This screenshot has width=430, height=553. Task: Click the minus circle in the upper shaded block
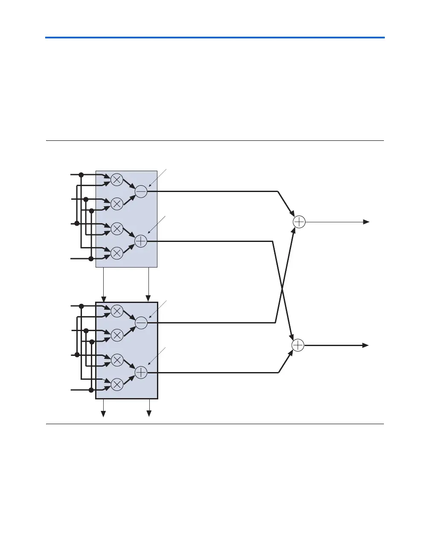(x=141, y=192)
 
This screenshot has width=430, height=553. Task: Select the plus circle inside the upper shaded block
(x=141, y=242)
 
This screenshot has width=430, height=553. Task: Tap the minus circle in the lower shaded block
(x=141, y=323)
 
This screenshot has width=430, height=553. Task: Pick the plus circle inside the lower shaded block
(x=141, y=373)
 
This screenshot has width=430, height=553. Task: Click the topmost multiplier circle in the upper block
(x=117, y=180)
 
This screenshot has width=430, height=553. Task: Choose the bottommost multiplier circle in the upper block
(x=117, y=253)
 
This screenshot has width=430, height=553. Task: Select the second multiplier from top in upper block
(x=117, y=204)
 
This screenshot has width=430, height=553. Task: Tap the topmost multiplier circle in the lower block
(x=117, y=311)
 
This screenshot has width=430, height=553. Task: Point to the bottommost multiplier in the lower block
(x=117, y=384)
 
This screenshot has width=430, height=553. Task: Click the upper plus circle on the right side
(x=299, y=222)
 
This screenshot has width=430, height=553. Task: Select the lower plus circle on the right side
(x=298, y=345)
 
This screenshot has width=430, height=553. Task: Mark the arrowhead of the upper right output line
(x=366, y=222)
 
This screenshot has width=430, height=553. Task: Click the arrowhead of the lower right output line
(x=366, y=345)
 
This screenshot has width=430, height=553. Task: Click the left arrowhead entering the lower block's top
(x=103, y=298)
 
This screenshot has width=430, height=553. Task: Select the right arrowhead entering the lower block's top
(x=148, y=298)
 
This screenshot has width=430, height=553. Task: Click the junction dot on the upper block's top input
(x=81, y=175)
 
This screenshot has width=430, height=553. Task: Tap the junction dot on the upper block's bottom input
(x=91, y=259)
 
